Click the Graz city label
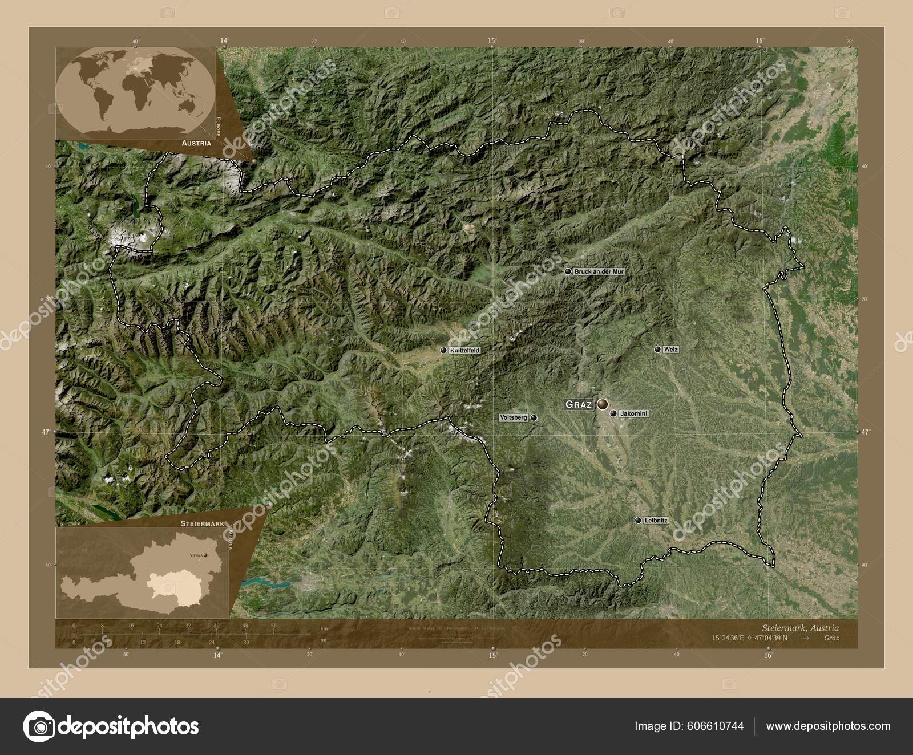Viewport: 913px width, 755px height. (578, 404)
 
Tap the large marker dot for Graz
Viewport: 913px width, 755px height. (603, 404)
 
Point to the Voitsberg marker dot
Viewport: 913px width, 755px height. (534, 417)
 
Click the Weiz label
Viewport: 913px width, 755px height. (671, 349)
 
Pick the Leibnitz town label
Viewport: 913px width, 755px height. (655, 520)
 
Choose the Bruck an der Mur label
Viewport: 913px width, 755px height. (599, 272)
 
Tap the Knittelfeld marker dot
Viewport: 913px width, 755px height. (443, 350)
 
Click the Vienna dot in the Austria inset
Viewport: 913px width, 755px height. (205, 555)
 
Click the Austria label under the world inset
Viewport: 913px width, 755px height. (196, 144)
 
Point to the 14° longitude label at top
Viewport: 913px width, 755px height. (224, 40)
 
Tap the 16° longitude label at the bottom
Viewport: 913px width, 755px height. (767, 655)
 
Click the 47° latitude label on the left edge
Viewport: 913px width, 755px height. (45, 432)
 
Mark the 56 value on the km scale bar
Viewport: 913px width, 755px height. (273, 626)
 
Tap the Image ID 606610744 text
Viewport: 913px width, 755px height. (689, 726)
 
